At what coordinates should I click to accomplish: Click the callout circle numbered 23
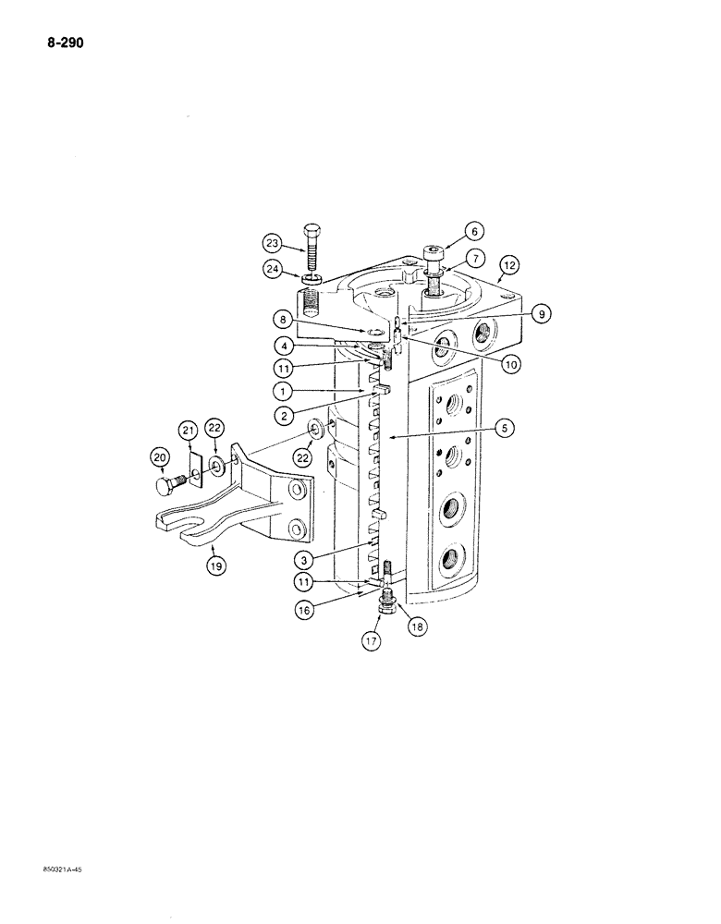(272, 244)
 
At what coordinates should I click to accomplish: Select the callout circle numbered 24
(272, 271)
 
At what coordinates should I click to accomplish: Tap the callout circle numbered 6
(472, 232)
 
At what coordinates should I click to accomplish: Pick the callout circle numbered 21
(189, 431)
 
